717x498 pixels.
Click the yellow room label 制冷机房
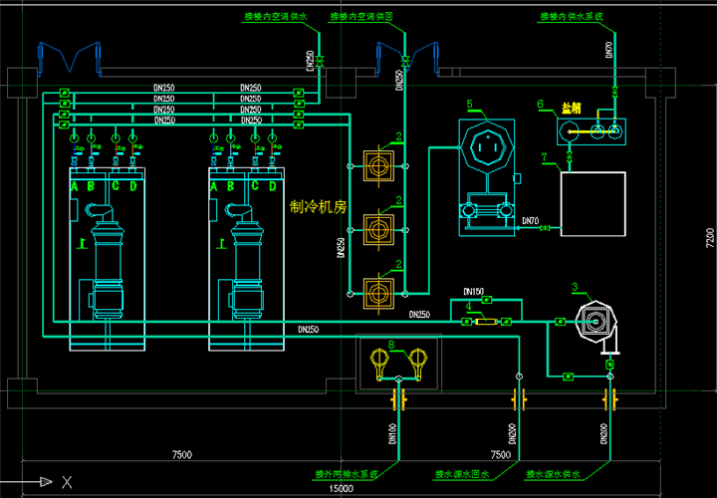tap(317, 208)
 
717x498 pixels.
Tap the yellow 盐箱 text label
tap(571, 107)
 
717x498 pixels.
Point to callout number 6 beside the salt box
tap(540, 105)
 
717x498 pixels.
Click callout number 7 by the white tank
tap(544, 157)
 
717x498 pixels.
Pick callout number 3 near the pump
tap(575, 289)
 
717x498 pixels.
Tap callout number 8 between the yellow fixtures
tap(392, 345)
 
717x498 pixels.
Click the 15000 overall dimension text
tap(342, 488)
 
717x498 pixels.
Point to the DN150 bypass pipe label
tap(474, 292)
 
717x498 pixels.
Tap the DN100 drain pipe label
tap(392, 434)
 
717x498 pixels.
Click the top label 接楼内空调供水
tap(276, 17)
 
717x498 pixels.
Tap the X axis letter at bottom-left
tap(67, 483)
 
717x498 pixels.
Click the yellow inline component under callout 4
tap(486, 321)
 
